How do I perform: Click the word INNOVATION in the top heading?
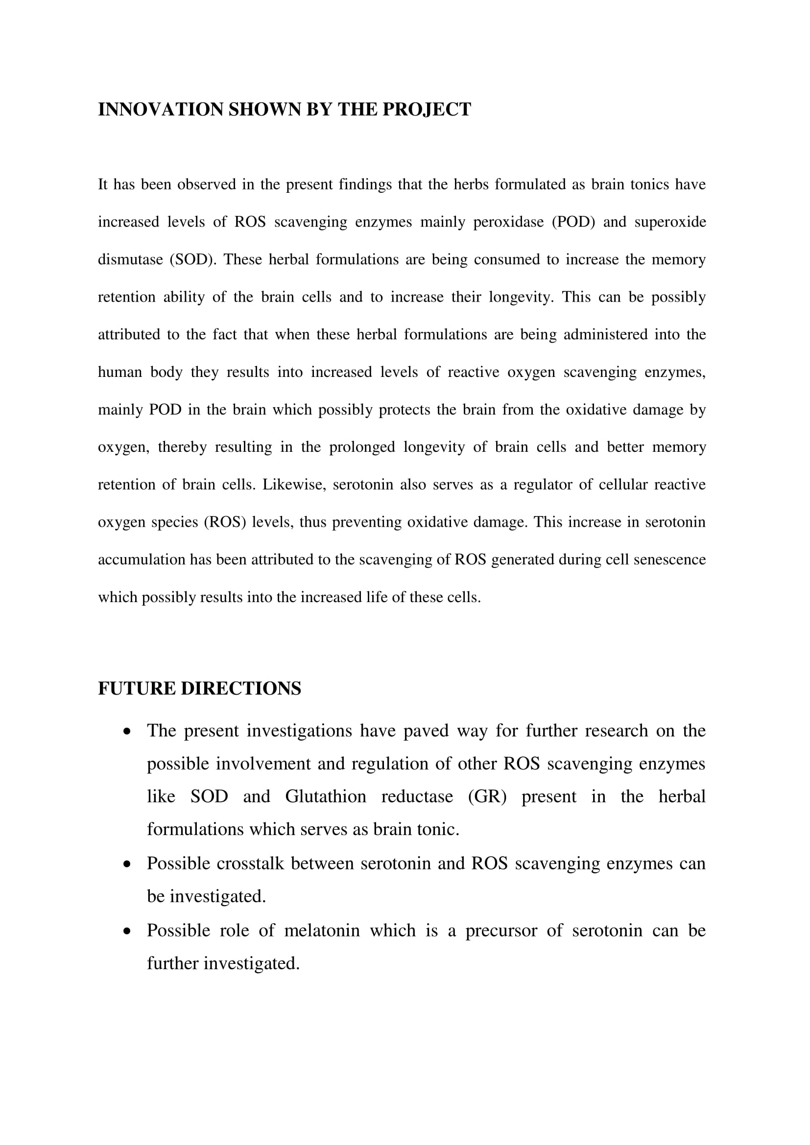point(161,110)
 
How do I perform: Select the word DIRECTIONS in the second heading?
point(240,689)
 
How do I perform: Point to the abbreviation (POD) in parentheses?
point(573,222)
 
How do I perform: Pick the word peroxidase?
point(508,222)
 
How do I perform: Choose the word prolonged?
point(362,447)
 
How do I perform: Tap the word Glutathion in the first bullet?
point(325,796)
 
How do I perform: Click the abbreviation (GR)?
point(487,796)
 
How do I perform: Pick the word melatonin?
point(322,931)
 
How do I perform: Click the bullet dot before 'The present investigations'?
point(128,731)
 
